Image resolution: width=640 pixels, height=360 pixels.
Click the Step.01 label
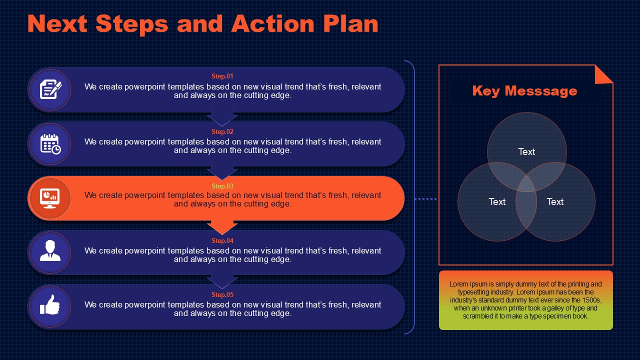222,76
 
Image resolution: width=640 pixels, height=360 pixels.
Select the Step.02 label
222,131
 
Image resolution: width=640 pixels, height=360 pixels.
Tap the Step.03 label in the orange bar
222,186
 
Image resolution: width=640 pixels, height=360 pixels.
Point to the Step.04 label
222,241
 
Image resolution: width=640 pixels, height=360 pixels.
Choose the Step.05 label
222,294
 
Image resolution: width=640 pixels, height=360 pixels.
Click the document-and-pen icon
50,89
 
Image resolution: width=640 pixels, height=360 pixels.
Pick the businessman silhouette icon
50,250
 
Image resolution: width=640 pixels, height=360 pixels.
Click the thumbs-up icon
50,305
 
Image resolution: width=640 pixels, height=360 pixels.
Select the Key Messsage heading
524,91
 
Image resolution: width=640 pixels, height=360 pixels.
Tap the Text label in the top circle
526,151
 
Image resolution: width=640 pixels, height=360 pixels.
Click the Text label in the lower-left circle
497,201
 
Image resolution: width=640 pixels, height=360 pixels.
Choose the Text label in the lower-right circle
555,201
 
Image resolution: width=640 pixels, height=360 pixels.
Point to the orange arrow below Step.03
222,227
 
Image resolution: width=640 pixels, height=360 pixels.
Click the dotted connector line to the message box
425,199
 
